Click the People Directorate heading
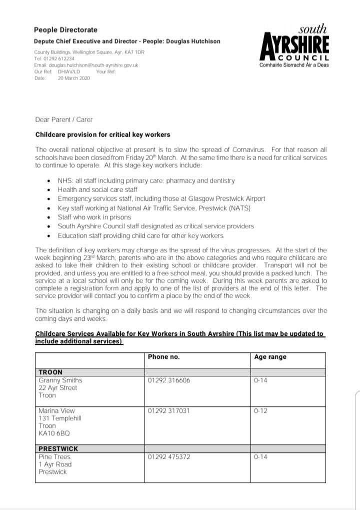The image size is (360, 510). click(x=66, y=30)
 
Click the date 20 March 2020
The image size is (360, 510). click(x=74, y=78)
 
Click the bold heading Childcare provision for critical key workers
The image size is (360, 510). click(x=102, y=135)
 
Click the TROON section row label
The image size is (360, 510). click(x=50, y=372)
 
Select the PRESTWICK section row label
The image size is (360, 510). click(x=58, y=449)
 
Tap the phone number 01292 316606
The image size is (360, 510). click(x=169, y=380)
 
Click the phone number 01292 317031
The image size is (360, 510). click(x=168, y=411)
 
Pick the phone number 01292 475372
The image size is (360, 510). click(x=169, y=457)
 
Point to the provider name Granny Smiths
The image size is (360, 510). click(x=60, y=380)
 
